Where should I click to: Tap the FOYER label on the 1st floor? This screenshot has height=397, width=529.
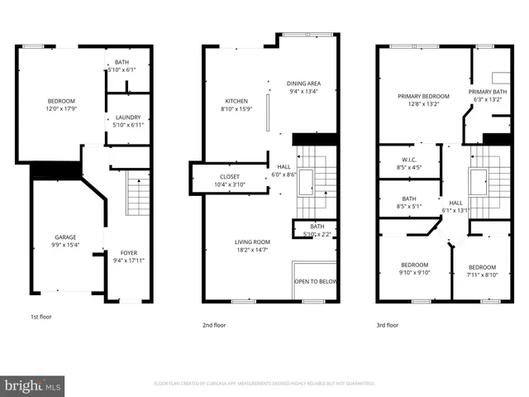point(128,254)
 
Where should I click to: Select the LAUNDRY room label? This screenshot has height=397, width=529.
point(127,117)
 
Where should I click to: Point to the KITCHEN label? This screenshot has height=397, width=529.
point(236,101)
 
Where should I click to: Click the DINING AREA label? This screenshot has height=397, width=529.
point(303,84)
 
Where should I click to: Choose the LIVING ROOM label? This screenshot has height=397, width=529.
point(252,241)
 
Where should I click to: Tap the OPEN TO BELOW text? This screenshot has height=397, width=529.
point(316,281)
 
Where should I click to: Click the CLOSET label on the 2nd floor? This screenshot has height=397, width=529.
point(230,177)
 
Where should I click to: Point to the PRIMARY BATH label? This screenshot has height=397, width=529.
point(488,92)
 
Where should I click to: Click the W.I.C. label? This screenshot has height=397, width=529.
point(408,160)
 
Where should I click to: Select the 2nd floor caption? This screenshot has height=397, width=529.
point(214,325)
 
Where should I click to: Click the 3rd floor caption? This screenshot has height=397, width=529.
point(386,325)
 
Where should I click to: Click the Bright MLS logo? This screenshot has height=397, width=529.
point(33,385)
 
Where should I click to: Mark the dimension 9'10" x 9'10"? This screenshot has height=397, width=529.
point(414,272)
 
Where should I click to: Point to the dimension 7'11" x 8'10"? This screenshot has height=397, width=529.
point(482,275)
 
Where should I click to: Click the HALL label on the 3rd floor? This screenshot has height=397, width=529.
point(456,203)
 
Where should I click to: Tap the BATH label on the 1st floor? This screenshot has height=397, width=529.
point(122,62)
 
